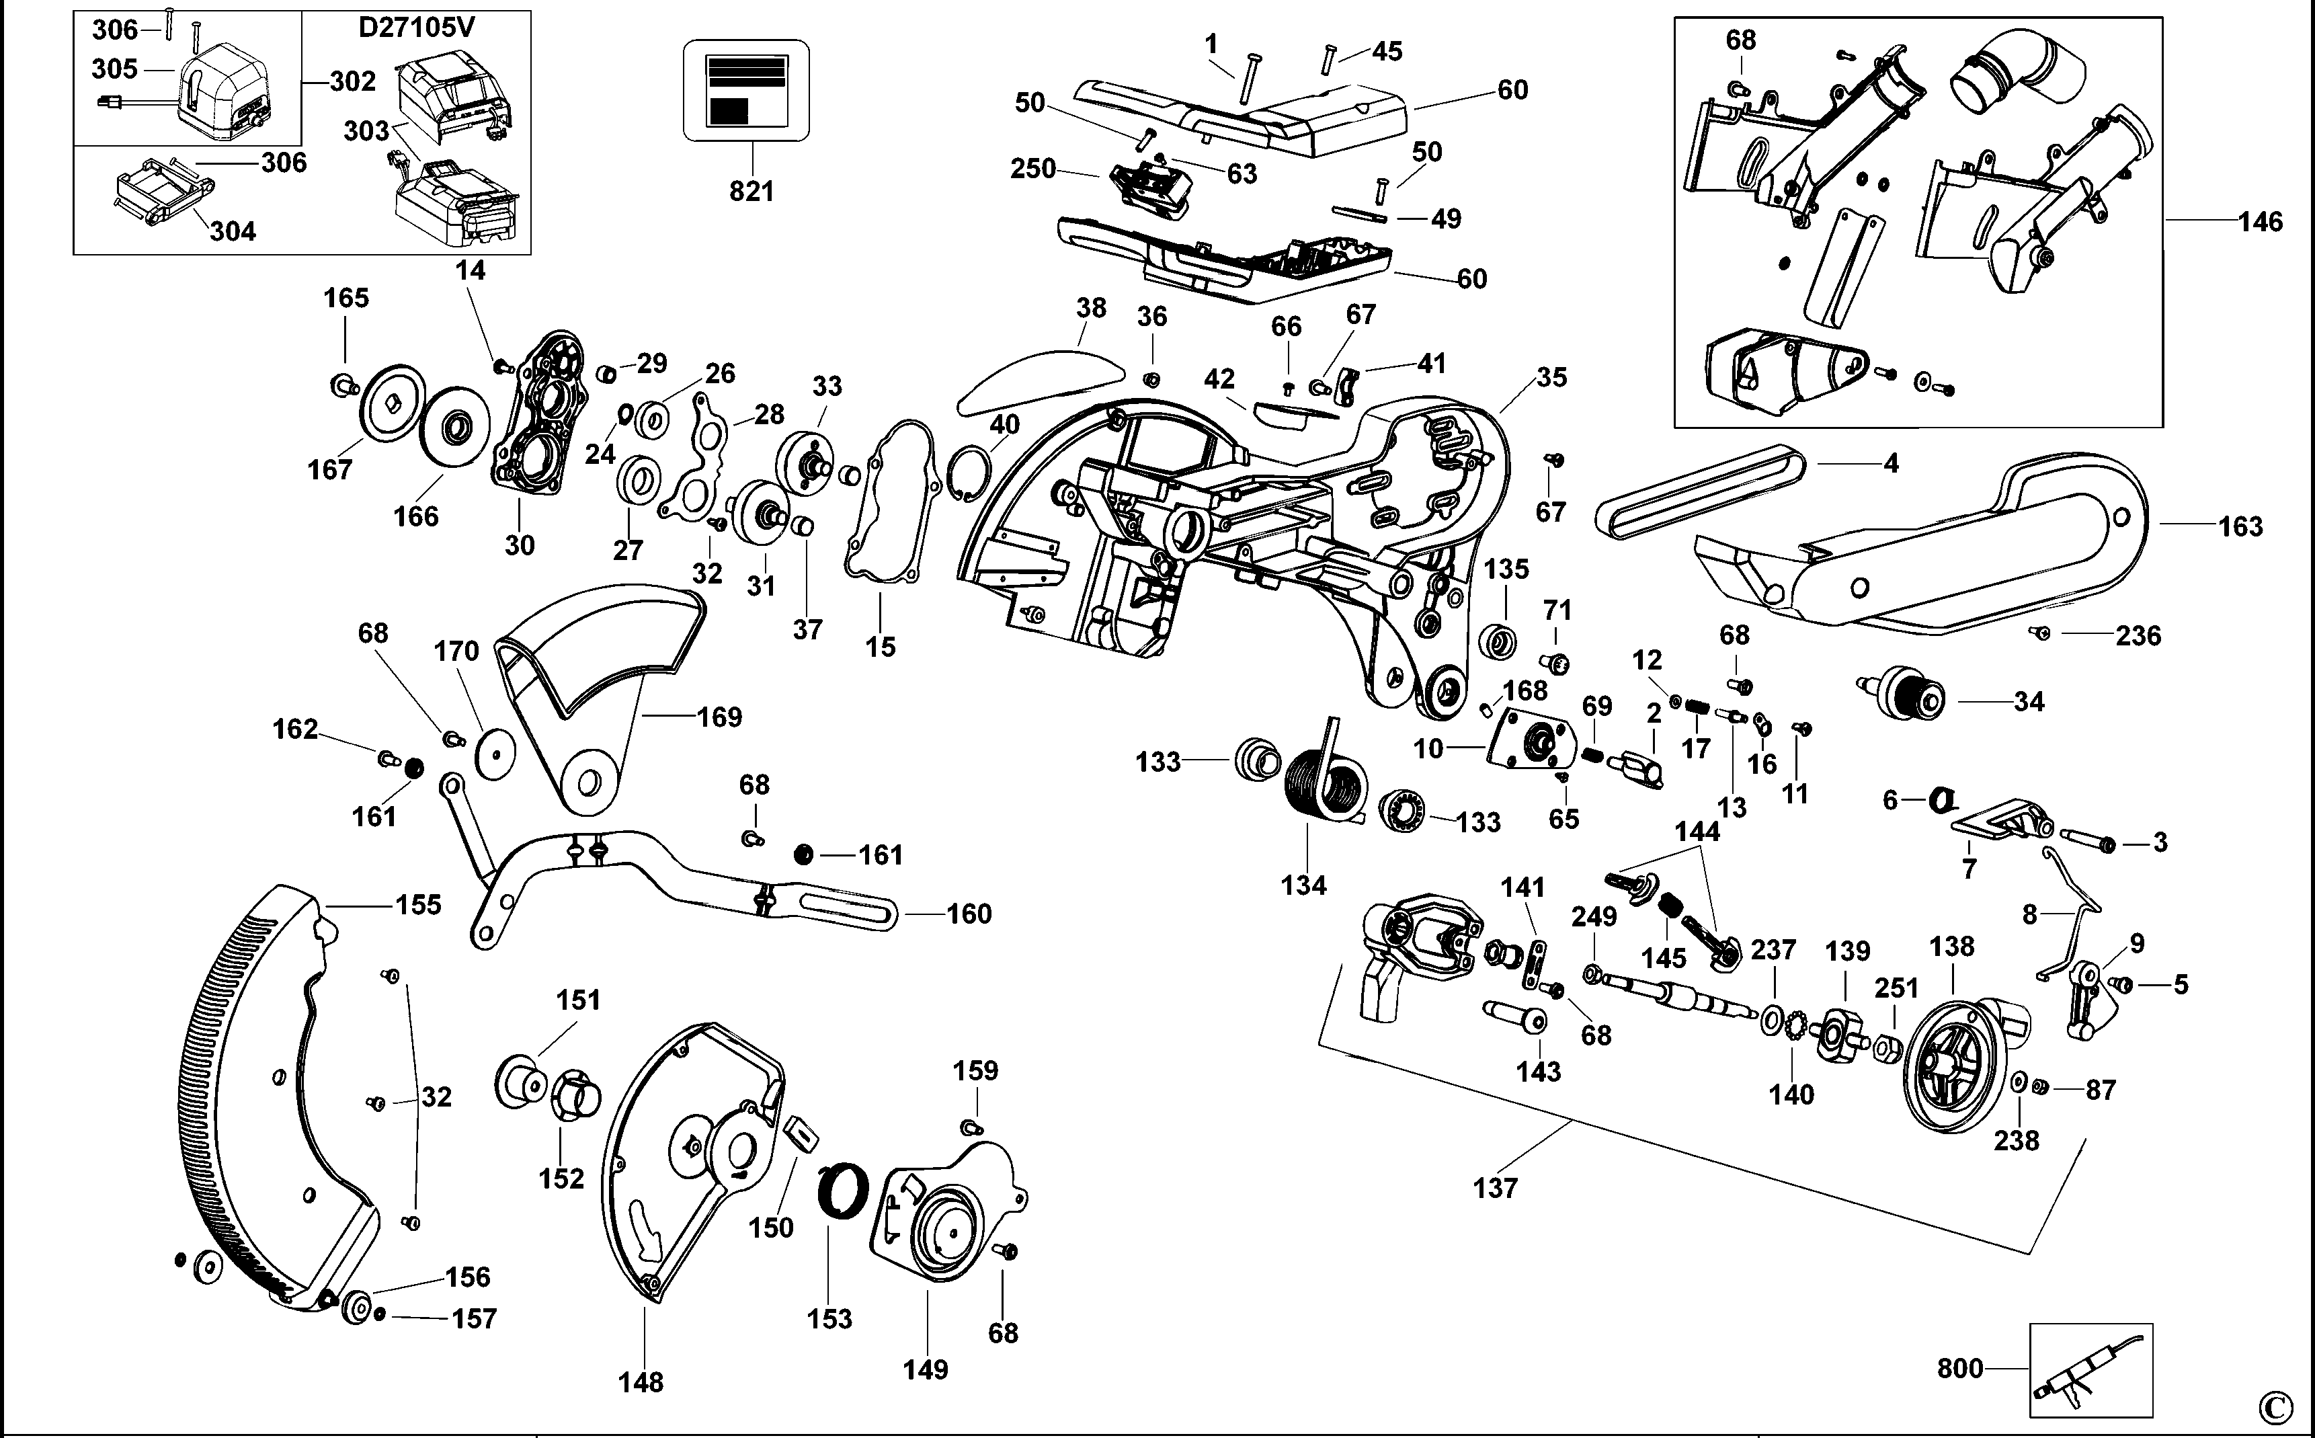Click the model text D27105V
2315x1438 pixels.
coord(415,28)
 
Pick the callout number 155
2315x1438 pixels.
coord(418,904)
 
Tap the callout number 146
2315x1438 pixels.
coord(2260,222)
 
